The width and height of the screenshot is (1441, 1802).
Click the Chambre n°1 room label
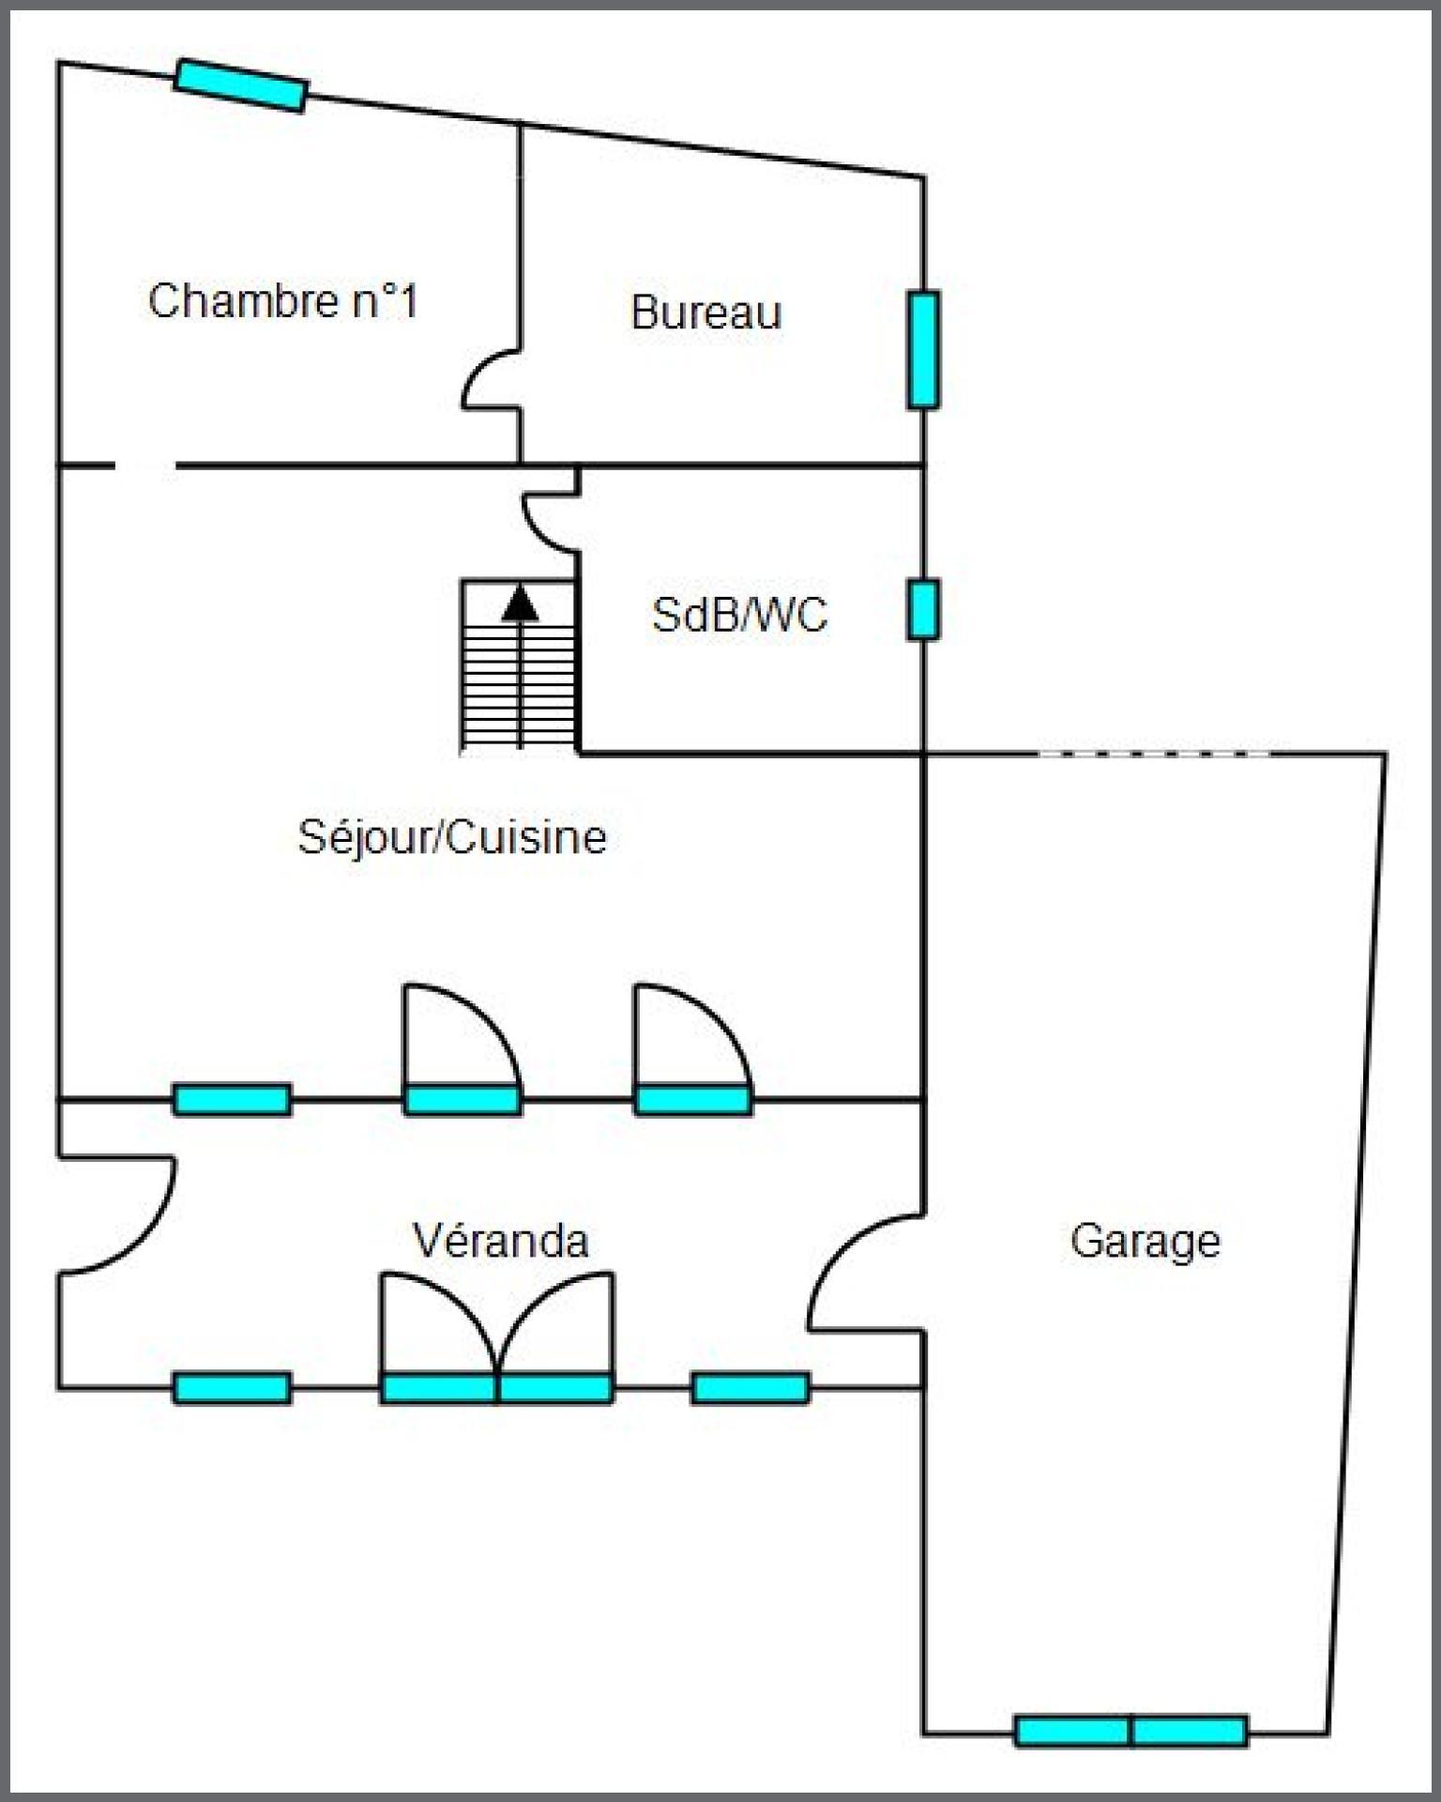[x=282, y=301]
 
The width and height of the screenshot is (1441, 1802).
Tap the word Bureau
[x=705, y=313]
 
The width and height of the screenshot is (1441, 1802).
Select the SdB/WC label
[x=739, y=616]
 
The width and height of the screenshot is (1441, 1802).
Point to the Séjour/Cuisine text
[x=452, y=837]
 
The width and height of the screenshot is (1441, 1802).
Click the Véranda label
[x=501, y=1241]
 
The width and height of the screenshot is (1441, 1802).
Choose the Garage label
[x=1145, y=1242]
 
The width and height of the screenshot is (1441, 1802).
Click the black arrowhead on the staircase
[x=520, y=603]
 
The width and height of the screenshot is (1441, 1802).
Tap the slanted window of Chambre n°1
[x=241, y=85]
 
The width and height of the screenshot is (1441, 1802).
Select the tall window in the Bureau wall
[x=923, y=350]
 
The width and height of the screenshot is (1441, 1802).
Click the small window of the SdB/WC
[x=922, y=611]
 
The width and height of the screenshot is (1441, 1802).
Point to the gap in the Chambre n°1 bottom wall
[x=144, y=465]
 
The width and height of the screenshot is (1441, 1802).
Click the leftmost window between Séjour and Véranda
[x=232, y=1099]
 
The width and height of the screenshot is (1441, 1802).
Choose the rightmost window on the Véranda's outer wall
[x=751, y=1388]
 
